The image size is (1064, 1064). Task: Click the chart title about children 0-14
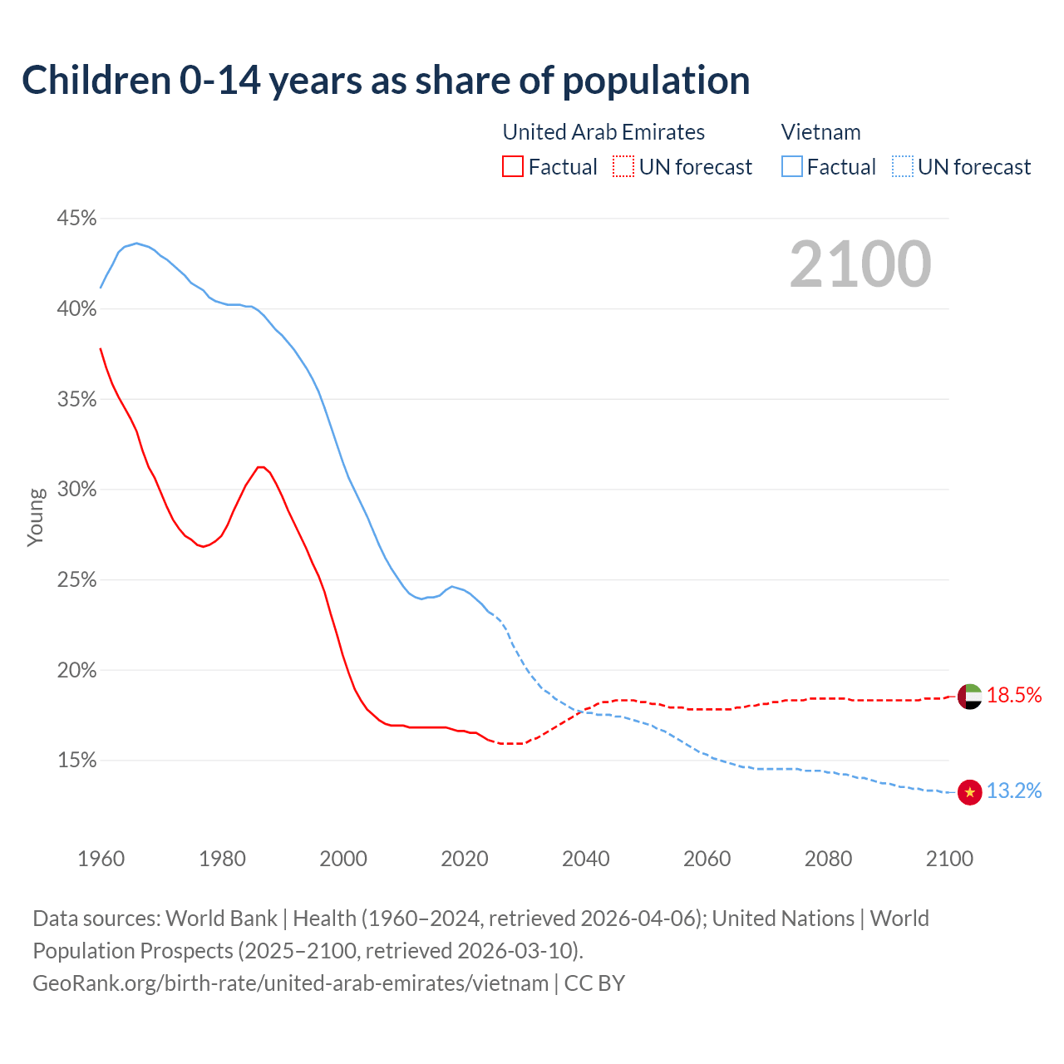pos(386,81)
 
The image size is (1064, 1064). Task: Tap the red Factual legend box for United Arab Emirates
pos(513,167)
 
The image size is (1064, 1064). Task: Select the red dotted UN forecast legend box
pos(623,167)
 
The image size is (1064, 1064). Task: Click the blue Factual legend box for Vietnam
pos(792,167)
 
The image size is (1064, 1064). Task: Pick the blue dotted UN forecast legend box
pos(902,167)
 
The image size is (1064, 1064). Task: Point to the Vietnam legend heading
pos(820,132)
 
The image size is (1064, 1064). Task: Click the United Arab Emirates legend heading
pos(603,132)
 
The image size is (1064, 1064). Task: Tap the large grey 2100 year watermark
pos(860,264)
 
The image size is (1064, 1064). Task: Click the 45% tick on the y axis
pos(76,219)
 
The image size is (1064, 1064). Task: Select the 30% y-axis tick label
pos(76,490)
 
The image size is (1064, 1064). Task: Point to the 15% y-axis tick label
pos(76,761)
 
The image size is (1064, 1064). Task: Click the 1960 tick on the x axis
pos(101,859)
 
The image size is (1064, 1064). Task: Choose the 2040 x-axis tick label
pos(585,859)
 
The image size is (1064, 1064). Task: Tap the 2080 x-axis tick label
pos(828,859)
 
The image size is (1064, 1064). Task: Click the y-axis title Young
pos(35,517)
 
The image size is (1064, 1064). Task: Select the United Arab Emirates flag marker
pos(969,697)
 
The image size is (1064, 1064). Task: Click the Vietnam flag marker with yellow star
pos(969,792)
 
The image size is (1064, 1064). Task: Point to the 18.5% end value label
pos(1014,696)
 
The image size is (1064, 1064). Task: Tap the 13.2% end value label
pos(1014,791)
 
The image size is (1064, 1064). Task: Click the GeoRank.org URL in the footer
pos(291,983)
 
